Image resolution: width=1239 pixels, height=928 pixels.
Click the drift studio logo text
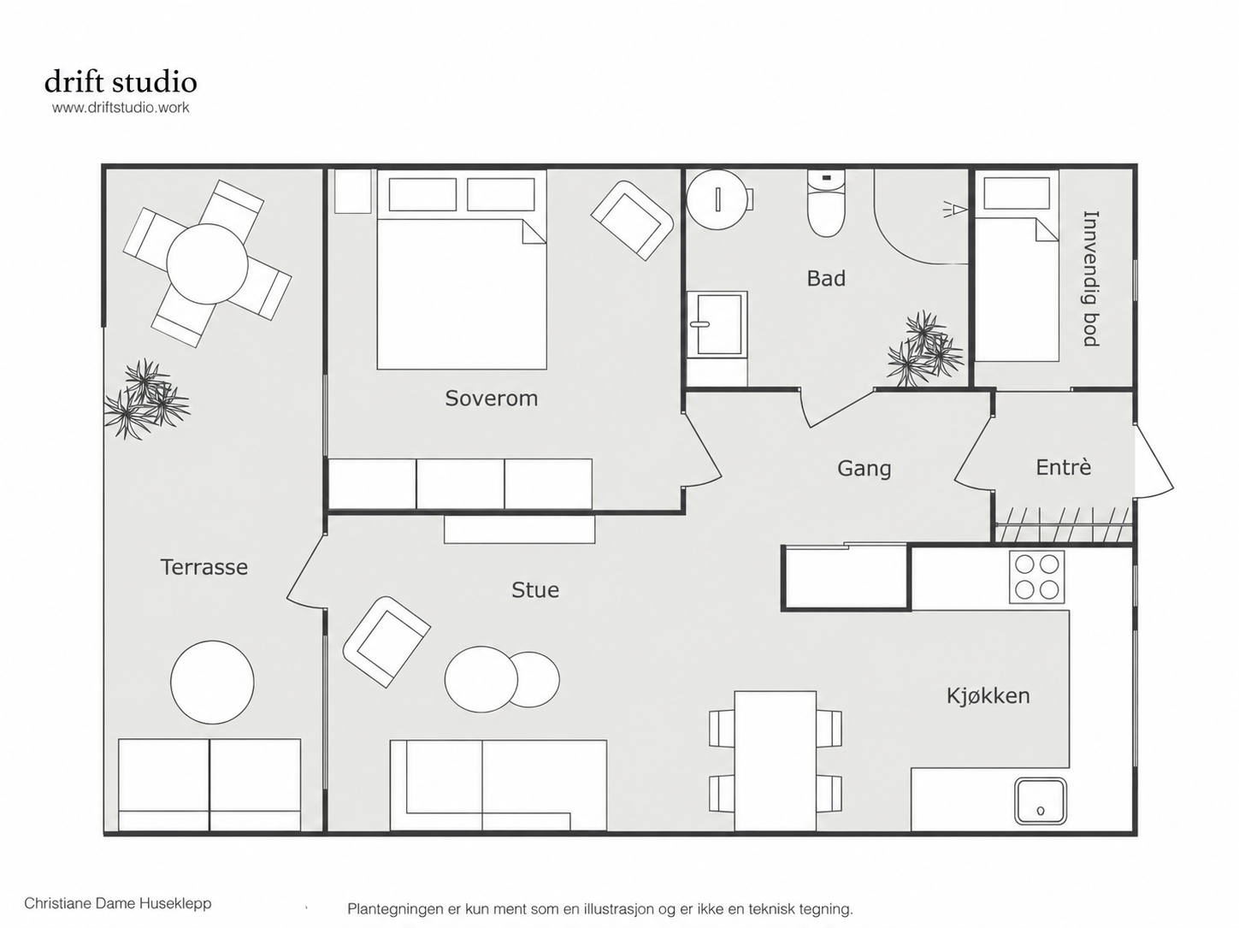[x=121, y=82]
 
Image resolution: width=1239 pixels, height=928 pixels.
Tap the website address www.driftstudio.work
[x=121, y=108]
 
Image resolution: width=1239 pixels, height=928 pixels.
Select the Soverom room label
[x=491, y=399]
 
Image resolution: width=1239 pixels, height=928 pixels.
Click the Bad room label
[x=826, y=278]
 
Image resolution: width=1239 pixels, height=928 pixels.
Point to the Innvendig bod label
[x=1092, y=278]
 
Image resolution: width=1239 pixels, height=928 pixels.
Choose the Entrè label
[x=1064, y=467]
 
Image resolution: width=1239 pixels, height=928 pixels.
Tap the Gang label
[x=864, y=469]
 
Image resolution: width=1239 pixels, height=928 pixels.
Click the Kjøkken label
[x=988, y=696]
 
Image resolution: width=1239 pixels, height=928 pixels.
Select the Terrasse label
[x=204, y=567]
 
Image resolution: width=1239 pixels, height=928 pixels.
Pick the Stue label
[x=535, y=590]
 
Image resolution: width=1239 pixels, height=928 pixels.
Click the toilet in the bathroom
[x=826, y=204]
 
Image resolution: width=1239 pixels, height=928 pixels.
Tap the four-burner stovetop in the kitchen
[x=1037, y=577]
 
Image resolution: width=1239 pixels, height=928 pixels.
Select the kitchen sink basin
[x=1041, y=801]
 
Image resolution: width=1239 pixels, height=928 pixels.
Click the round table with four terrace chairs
[x=207, y=263]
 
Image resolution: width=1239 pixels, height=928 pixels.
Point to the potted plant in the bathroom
[x=924, y=350]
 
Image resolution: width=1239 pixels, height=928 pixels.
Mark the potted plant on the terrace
[x=146, y=399]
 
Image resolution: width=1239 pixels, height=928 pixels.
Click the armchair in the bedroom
[x=632, y=220]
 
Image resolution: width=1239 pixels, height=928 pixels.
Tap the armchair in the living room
[x=386, y=641]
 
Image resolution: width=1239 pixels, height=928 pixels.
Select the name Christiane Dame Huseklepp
[x=118, y=903]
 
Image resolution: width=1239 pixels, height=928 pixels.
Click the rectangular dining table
[x=775, y=761]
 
